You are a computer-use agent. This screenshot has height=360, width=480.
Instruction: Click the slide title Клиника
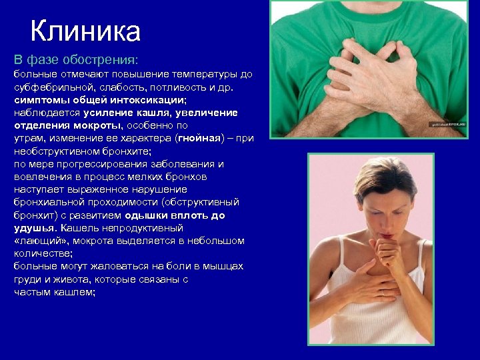click(x=85, y=31)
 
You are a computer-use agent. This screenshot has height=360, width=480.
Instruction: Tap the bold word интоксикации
click(x=150, y=99)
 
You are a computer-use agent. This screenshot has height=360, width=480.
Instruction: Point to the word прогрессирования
click(x=117, y=164)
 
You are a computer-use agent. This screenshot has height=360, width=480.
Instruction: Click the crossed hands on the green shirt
click(x=373, y=67)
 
